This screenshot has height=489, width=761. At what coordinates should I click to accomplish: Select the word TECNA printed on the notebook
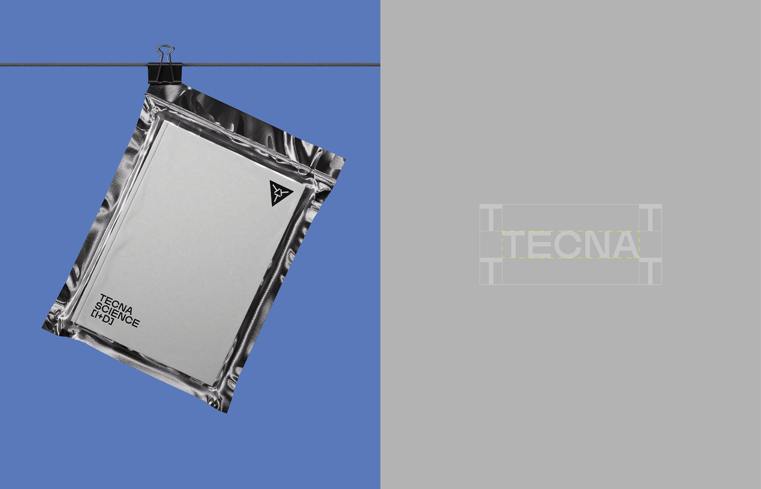point(116,304)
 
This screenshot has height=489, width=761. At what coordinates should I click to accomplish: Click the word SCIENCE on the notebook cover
point(117,315)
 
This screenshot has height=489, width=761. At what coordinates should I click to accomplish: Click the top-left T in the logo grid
point(491,218)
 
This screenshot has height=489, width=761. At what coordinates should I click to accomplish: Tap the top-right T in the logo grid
point(650,218)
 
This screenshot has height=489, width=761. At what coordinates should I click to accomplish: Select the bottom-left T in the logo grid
point(491,271)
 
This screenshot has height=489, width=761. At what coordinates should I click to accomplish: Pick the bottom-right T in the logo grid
point(650,271)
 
